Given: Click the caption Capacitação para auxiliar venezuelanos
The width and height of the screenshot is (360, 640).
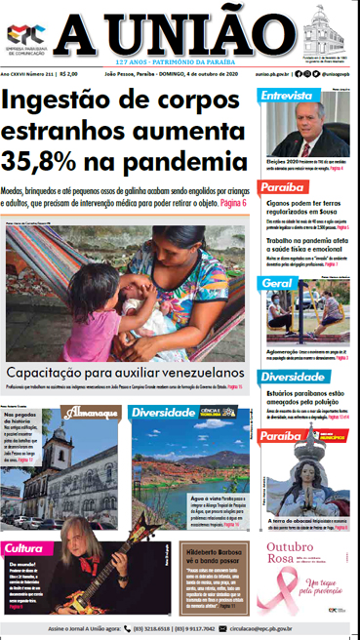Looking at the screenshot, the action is pos(125,373).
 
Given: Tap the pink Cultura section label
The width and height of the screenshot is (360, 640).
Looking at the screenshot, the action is pos(23,548).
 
